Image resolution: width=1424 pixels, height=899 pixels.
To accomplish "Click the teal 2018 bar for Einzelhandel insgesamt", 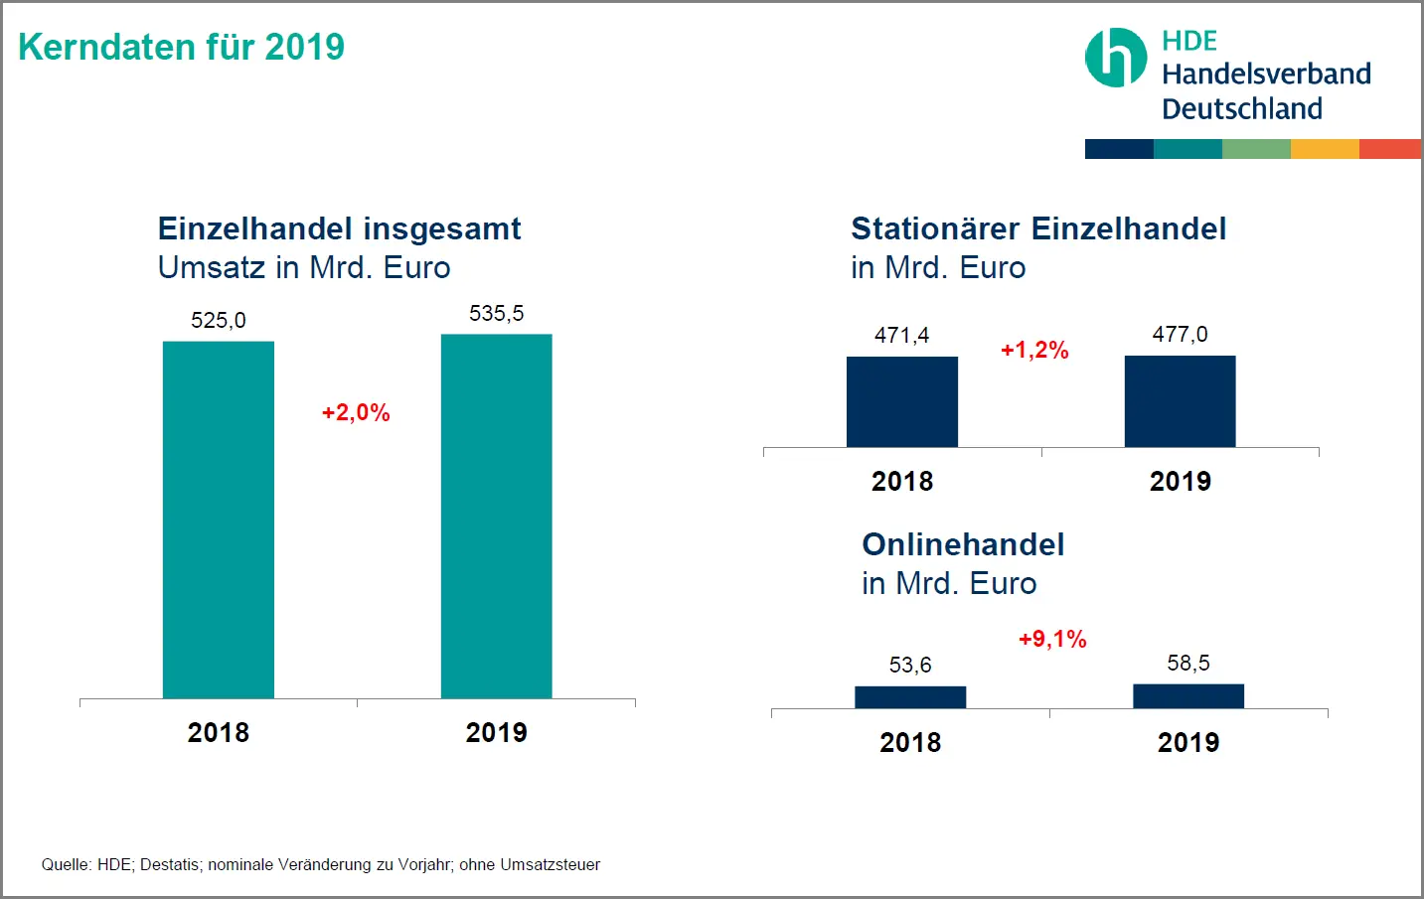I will pyautogui.click(x=219, y=520).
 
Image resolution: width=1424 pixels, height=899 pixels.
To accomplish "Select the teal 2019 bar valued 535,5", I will pyautogui.click(x=496, y=516).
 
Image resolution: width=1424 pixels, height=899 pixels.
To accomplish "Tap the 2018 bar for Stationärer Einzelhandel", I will pyautogui.click(x=902, y=401).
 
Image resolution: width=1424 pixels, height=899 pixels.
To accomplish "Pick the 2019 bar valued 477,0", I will pyautogui.click(x=1180, y=401).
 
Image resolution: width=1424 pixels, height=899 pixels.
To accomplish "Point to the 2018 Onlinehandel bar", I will pyautogui.click(x=910, y=697).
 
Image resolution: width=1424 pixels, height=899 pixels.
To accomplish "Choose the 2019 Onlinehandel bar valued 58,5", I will pyautogui.click(x=1188, y=696).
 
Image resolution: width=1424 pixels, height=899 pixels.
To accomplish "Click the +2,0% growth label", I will pyautogui.click(x=356, y=413).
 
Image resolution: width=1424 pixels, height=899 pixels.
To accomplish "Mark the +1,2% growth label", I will pyautogui.click(x=1034, y=351).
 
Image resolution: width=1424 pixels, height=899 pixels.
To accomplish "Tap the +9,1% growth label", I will pyautogui.click(x=1052, y=640).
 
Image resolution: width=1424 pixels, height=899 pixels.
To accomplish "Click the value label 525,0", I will pyautogui.click(x=219, y=321).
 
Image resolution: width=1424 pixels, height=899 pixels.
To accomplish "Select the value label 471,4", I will pyautogui.click(x=901, y=336).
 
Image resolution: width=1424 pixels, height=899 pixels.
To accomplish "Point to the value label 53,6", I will pyautogui.click(x=910, y=666).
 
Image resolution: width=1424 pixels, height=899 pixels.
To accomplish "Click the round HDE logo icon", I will pyautogui.click(x=1115, y=58).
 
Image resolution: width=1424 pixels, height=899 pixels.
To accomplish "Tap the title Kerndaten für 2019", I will pyautogui.click(x=182, y=47).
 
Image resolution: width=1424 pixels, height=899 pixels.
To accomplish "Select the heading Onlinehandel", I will pyautogui.click(x=963, y=544).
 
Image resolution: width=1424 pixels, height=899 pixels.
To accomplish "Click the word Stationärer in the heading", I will pyautogui.click(x=935, y=229).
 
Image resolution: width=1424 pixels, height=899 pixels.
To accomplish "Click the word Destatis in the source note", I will pyautogui.click(x=170, y=865).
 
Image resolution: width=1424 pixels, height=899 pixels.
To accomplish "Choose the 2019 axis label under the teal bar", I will pyautogui.click(x=496, y=733).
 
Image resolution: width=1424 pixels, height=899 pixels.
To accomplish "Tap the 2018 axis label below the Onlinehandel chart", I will pyautogui.click(x=910, y=743).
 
